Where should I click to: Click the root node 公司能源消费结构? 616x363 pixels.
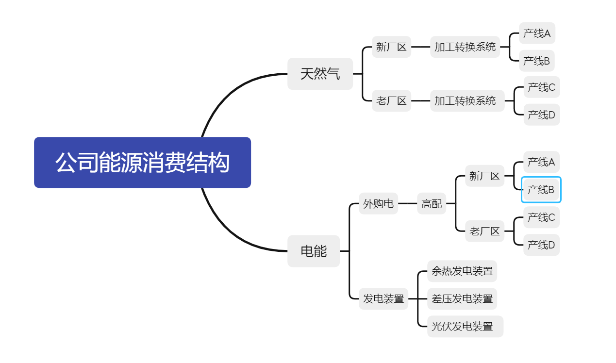pyautogui.click(x=142, y=163)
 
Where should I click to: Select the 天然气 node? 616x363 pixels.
pyautogui.click(x=320, y=74)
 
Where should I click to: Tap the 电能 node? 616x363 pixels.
pyautogui.click(x=314, y=251)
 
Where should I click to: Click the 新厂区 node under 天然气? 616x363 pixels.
pyautogui.click(x=391, y=47)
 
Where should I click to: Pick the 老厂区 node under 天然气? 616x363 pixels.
pyautogui.click(x=391, y=101)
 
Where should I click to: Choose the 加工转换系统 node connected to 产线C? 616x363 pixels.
pyautogui.click(x=467, y=101)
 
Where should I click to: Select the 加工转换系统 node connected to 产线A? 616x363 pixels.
pyautogui.click(x=465, y=47)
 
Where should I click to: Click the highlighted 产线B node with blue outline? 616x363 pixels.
pyautogui.click(x=541, y=190)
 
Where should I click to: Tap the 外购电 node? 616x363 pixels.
pyautogui.click(x=379, y=203)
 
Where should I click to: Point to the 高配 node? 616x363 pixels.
pyautogui.click(x=432, y=203)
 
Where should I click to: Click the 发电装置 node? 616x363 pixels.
pyautogui.click(x=383, y=298)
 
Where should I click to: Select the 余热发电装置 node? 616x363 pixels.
pyautogui.click(x=462, y=271)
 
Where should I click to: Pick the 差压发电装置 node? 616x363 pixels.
pyautogui.click(x=462, y=298)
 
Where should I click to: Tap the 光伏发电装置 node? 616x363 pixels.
pyautogui.click(x=466, y=327)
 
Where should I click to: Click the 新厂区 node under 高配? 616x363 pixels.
pyautogui.click(x=484, y=176)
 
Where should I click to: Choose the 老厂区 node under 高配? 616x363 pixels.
pyautogui.click(x=484, y=231)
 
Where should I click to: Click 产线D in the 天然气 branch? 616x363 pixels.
pyautogui.click(x=542, y=115)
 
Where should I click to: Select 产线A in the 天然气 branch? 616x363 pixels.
pyautogui.click(x=537, y=33)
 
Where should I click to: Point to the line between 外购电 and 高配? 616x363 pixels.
pyautogui.click(x=408, y=203)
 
